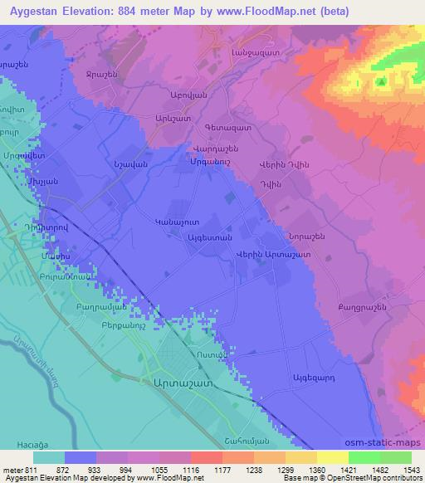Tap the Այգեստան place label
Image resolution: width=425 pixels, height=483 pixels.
(207, 237)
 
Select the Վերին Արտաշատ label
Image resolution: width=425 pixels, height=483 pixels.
(273, 255)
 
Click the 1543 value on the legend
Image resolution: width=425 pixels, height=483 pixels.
(411, 471)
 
